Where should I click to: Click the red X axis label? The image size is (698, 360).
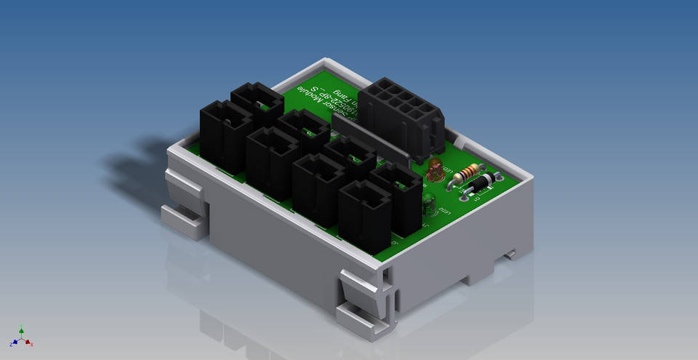click(x=33, y=343)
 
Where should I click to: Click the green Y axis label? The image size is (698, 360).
click(x=22, y=327)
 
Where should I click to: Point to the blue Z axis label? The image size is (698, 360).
click(x=11, y=343)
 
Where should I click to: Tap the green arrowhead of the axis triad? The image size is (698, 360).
click(x=22, y=332)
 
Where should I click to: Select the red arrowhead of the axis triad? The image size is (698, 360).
click(x=28, y=341)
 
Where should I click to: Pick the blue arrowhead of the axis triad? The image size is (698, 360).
click(x=16, y=341)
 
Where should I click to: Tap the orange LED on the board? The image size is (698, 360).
click(x=435, y=170)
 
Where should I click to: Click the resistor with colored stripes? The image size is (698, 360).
click(x=469, y=172)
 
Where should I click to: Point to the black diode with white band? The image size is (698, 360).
click(x=481, y=185)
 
